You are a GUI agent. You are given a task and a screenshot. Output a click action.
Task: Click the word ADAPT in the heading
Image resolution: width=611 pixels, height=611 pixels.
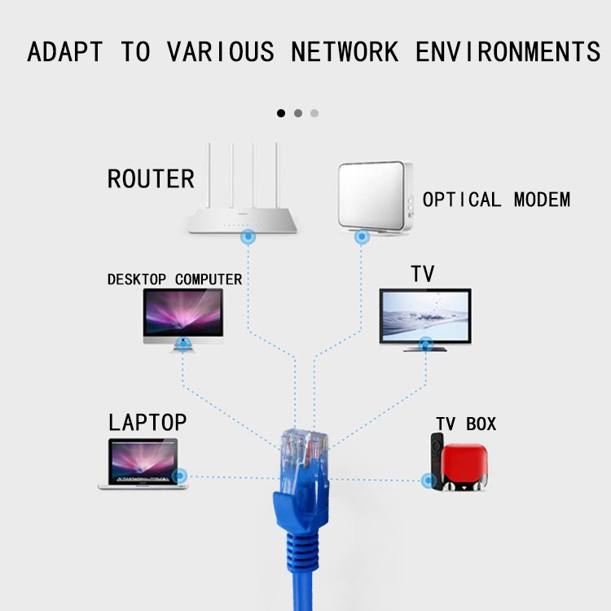point(65,52)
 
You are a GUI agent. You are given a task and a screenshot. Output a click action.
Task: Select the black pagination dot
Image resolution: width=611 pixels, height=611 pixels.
point(281,113)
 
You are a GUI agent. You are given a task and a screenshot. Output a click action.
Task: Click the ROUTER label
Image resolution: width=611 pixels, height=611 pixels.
point(151,178)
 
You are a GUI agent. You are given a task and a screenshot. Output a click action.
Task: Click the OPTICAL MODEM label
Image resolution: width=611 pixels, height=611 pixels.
point(496,200)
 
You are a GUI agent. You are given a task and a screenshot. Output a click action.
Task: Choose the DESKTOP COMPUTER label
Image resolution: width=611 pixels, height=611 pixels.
point(174,279)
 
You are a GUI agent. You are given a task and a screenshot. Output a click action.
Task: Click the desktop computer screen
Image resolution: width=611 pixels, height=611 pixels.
point(183,314)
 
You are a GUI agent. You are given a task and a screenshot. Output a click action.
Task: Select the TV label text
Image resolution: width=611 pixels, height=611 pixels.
point(423,274)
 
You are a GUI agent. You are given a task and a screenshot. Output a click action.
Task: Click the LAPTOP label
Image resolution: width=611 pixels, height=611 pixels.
point(147,422)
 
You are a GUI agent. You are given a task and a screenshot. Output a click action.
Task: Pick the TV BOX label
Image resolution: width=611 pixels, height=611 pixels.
point(466,424)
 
